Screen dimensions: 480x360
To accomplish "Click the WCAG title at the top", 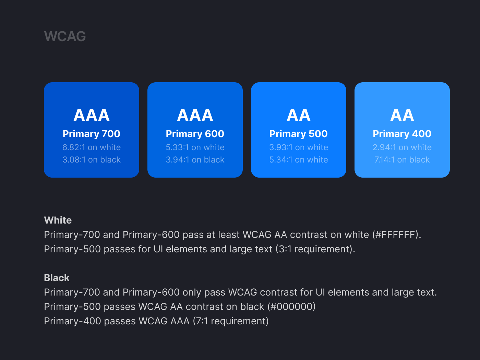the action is click(x=65, y=36).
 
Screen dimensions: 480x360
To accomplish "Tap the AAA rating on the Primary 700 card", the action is click(x=92, y=115).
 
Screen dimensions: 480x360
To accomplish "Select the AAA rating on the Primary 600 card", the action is click(x=195, y=115).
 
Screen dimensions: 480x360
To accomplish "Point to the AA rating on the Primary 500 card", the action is click(x=299, y=115).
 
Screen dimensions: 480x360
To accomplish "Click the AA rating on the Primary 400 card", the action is click(x=402, y=115).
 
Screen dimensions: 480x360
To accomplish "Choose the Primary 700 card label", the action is click(x=92, y=134).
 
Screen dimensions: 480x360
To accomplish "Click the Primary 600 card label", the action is click(x=195, y=134).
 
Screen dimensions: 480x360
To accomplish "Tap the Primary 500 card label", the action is click(x=299, y=134).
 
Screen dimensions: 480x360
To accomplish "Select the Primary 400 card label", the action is click(x=402, y=134).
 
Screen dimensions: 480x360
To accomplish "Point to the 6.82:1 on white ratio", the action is click(x=92, y=147).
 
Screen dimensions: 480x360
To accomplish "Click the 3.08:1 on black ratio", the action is click(x=92, y=159).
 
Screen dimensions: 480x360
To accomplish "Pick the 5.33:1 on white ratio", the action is click(x=195, y=147).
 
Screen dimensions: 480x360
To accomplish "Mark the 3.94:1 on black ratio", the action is click(x=195, y=159).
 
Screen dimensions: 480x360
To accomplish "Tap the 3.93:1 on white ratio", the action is click(x=299, y=147).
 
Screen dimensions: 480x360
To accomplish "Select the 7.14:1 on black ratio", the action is click(x=402, y=159).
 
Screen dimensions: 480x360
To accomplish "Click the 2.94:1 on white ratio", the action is click(x=402, y=147).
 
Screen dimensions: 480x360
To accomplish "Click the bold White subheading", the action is click(x=58, y=220).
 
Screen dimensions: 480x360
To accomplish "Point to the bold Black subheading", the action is click(x=57, y=278).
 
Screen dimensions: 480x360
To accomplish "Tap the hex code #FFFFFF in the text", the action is click(x=395, y=235).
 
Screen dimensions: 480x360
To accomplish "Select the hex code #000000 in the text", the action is click(x=291, y=307).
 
